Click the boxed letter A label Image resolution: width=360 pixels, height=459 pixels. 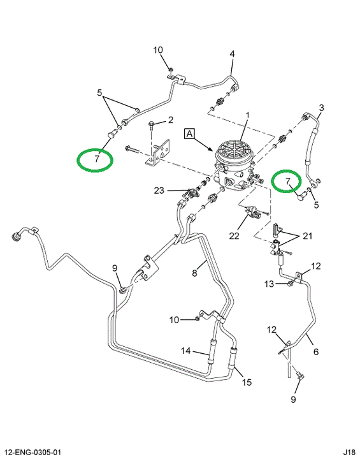pyautogui.click(x=190, y=134)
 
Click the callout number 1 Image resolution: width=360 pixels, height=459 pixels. pyautogui.click(x=247, y=115)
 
